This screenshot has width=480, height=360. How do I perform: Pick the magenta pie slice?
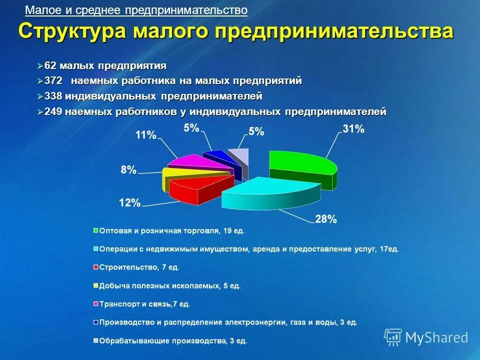[187, 162]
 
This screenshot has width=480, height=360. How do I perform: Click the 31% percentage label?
[353, 129]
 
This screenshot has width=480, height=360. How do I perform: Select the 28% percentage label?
[325, 219]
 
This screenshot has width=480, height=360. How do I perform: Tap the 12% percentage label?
[129, 202]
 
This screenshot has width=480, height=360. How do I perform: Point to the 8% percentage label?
[128, 170]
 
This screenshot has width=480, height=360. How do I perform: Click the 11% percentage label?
[145, 135]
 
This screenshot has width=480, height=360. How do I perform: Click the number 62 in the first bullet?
[50, 66]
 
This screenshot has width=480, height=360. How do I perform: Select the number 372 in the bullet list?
[53, 81]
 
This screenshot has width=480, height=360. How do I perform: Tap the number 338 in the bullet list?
[53, 96]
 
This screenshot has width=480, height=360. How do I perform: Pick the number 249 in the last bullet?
[53, 111]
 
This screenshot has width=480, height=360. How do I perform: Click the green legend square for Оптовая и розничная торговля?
[95, 231]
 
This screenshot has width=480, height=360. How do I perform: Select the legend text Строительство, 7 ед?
[139, 267]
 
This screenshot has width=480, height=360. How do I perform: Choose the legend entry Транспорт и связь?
[144, 304]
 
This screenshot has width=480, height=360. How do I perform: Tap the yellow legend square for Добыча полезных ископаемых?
[95, 286]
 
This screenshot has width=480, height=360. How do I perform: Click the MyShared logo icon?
[393, 337]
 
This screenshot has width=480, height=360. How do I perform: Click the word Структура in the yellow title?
[72, 31]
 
